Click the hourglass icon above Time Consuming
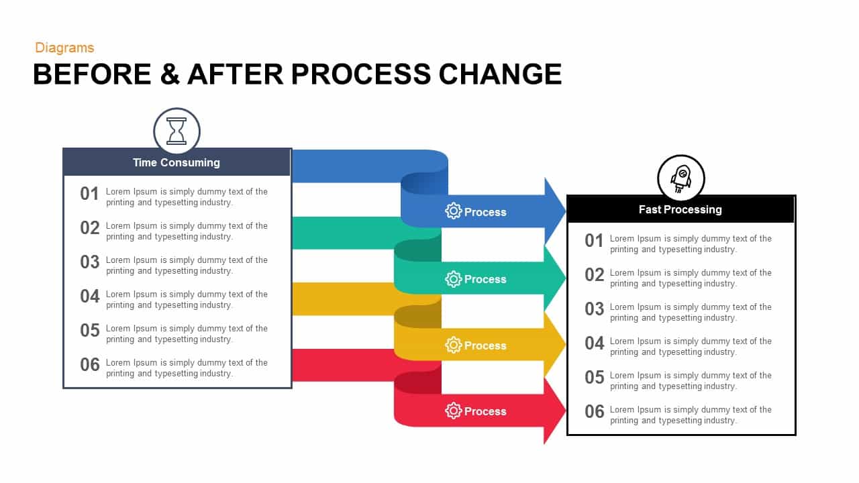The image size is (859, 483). click(x=176, y=131)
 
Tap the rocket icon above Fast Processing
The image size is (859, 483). click(x=681, y=178)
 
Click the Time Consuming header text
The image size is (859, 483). click(x=176, y=162)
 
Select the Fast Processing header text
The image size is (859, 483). click(x=680, y=209)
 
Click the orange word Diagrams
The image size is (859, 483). click(x=64, y=48)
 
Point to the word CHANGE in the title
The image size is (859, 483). click(x=500, y=74)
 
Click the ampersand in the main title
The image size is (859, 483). click(x=170, y=74)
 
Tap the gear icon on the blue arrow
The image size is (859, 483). click(x=454, y=211)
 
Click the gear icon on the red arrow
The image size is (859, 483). click(x=454, y=411)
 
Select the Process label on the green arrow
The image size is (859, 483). click(x=485, y=279)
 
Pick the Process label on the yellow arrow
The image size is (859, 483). click(x=485, y=345)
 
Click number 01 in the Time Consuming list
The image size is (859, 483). click(x=89, y=194)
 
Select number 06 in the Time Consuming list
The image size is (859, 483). click(x=89, y=365)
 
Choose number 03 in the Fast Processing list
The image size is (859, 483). click(x=594, y=309)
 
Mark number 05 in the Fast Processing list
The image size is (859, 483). click(x=594, y=378)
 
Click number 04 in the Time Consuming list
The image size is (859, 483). click(x=89, y=297)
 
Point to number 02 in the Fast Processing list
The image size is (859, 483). click(x=594, y=275)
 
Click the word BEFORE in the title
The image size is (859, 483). click(x=92, y=74)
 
